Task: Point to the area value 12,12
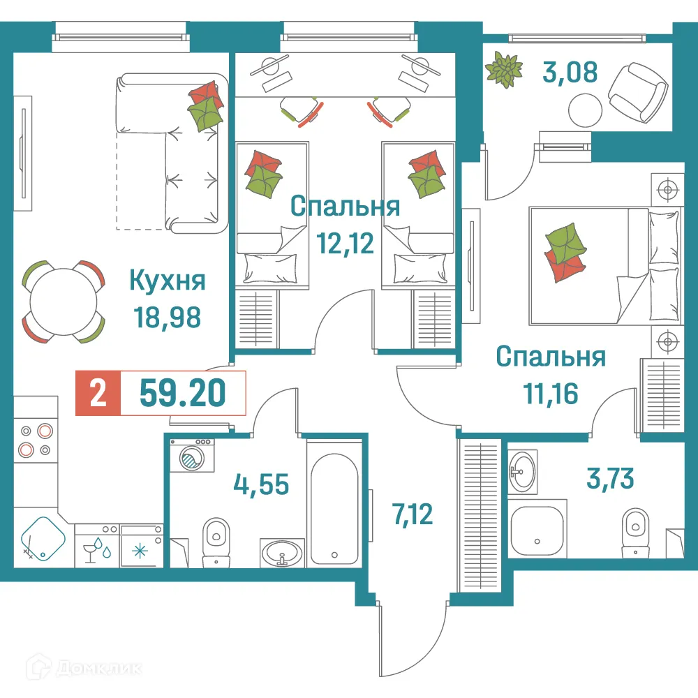coord(345,243)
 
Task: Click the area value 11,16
coord(551,394)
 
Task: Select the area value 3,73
coord(609,479)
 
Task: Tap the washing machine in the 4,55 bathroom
coord(190,459)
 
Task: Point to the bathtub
coord(334,503)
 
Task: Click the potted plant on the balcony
coord(504,69)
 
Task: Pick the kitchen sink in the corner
coord(43,539)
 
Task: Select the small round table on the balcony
coord(584,110)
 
